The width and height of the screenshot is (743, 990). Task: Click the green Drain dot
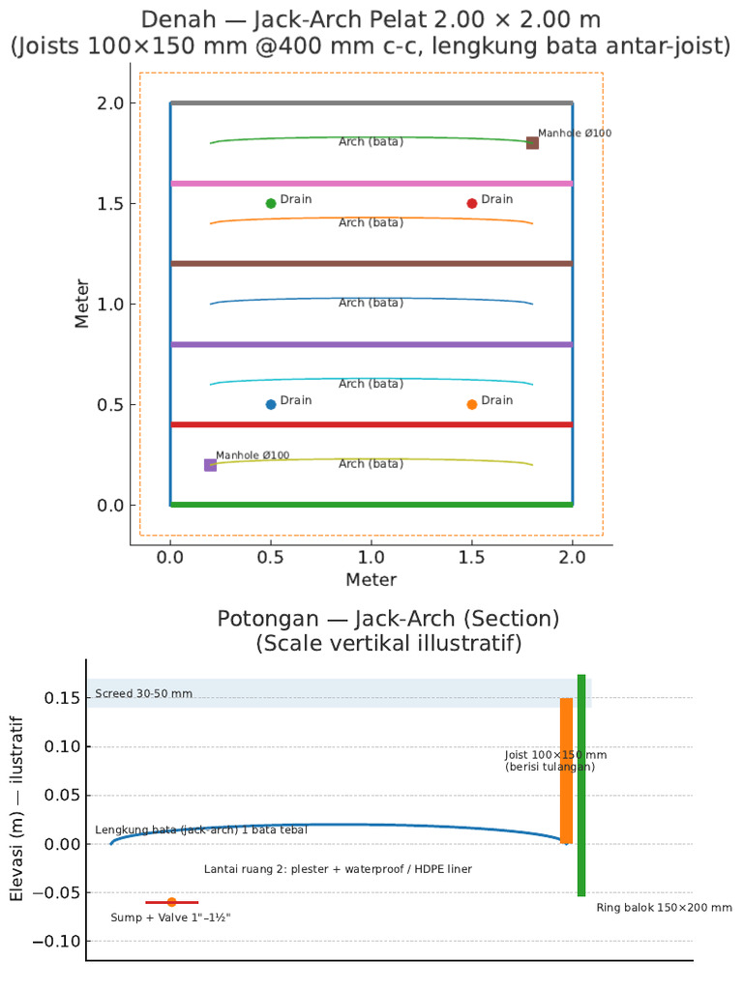pyautogui.click(x=271, y=203)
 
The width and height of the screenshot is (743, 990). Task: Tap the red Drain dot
pyautogui.click(x=471, y=203)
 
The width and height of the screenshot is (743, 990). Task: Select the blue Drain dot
pyautogui.click(x=271, y=404)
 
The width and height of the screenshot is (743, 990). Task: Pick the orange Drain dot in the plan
pyautogui.click(x=471, y=404)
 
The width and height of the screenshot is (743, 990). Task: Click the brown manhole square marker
pyautogui.click(x=533, y=143)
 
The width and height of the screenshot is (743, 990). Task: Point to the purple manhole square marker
pyautogui.click(x=210, y=465)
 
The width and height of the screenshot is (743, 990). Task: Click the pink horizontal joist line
pyautogui.click(x=371, y=184)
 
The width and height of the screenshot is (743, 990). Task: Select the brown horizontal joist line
pyautogui.click(x=371, y=263)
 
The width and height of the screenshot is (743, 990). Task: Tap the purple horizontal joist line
pyautogui.click(x=371, y=345)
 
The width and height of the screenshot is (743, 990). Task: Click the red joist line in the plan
pyautogui.click(x=371, y=424)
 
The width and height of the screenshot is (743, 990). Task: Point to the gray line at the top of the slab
pyautogui.click(x=371, y=102)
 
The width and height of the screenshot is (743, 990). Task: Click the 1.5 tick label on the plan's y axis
pyautogui.click(x=110, y=204)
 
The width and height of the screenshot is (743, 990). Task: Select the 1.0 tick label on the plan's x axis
pyautogui.click(x=371, y=558)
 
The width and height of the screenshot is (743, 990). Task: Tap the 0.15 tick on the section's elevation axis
pyautogui.click(x=63, y=698)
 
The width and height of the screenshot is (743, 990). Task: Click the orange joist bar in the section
pyautogui.click(x=566, y=771)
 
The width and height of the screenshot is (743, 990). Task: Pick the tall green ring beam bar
pyautogui.click(x=581, y=785)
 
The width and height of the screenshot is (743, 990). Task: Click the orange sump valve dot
pyautogui.click(x=171, y=902)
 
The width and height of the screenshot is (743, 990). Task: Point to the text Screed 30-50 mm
pyautogui.click(x=143, y=693)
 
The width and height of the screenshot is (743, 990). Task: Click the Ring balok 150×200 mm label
pyautogui.click(x=664, y=908)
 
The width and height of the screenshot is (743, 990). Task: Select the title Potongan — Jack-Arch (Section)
pyautogui.click(x=388, y=619)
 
